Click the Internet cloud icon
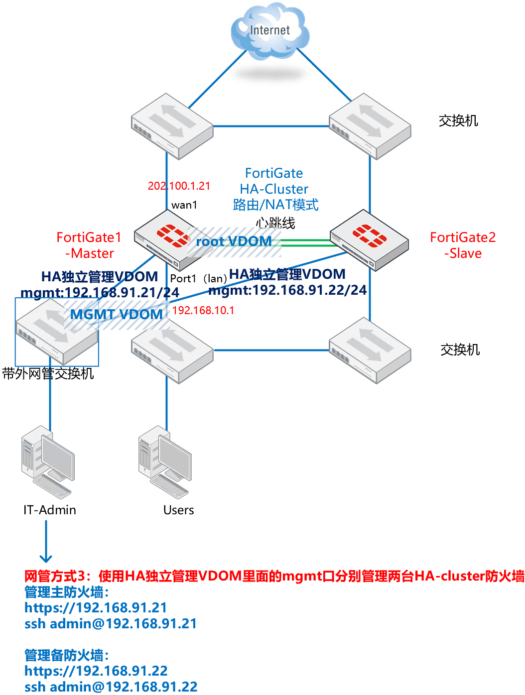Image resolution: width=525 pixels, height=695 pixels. pos(269,32)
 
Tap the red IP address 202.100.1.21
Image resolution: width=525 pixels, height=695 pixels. pos(179,186)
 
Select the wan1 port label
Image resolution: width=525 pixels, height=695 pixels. pos(184,205)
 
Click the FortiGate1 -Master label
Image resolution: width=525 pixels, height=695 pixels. pos(89,245)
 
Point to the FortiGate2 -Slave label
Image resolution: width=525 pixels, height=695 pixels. pos(463,245)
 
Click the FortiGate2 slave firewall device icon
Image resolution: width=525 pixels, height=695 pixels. pos(369,240)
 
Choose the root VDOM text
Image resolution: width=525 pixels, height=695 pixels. pos(234,241)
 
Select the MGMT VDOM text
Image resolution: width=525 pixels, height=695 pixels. pos(116,315)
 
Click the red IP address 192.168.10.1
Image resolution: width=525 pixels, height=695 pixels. pos(203,311)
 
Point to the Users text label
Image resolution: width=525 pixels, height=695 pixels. pos(178,510)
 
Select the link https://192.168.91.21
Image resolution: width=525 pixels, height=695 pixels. pos(96,608)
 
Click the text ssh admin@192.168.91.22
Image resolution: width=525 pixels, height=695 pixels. pos(111,687)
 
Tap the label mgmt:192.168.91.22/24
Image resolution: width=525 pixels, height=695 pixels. pos(287,290)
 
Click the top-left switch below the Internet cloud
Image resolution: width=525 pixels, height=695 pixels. pos(172,126)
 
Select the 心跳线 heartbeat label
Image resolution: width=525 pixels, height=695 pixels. pos(275,223)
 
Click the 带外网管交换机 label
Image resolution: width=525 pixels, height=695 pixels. pos(48,373)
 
